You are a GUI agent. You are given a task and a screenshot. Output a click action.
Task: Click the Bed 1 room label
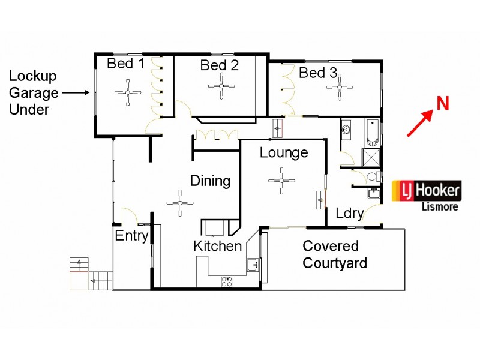point(126,64)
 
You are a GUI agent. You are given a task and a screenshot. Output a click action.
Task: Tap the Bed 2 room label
point(219,65)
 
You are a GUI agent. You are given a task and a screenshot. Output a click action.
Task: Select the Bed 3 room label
point(318,73)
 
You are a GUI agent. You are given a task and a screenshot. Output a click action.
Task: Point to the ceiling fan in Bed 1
point(128,92)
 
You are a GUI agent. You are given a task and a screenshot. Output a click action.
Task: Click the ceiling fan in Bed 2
point(221,87)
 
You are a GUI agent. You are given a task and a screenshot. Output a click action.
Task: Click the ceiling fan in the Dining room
point(179,203)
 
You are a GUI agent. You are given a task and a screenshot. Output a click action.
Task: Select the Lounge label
point(284,152)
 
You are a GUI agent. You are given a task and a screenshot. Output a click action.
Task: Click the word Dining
point(211,181)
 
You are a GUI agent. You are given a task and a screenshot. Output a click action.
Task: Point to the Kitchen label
point(217,246)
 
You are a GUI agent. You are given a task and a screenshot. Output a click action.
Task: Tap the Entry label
point(131,236)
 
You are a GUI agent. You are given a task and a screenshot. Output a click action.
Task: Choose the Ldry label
point(349,213)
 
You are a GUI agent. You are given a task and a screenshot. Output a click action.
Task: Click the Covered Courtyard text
point(334,254)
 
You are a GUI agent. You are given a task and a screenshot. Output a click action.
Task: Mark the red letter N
point(442,103)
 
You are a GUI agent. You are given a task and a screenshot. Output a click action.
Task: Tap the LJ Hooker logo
point(427,191)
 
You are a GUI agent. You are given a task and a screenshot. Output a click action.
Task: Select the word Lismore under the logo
point(440,206)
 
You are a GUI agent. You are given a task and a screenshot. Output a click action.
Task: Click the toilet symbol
point(373,176)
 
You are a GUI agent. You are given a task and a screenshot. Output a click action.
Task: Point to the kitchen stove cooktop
point(227,281)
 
